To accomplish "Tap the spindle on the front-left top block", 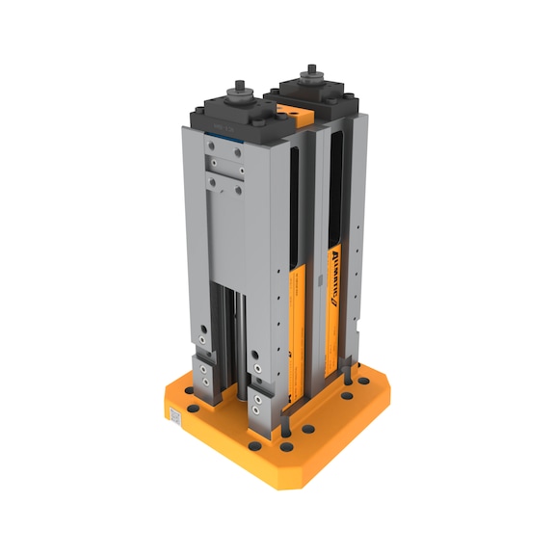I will tap(239, 92).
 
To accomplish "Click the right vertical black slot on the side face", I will tap(334, 193).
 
